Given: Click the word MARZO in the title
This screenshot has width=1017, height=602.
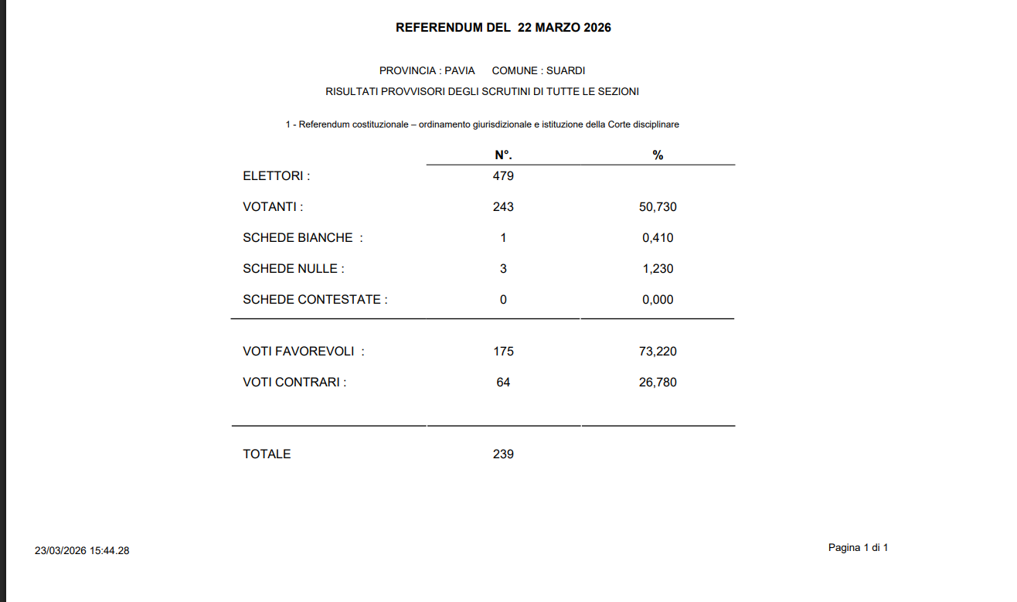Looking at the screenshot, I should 562,28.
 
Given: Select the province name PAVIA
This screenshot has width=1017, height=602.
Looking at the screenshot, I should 460,70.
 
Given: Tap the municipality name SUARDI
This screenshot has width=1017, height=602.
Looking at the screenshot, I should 566,70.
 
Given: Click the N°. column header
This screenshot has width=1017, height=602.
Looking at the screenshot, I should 503,155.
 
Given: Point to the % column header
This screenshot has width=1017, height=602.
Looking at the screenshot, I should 658,155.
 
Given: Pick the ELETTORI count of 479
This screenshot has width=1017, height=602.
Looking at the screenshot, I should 503,175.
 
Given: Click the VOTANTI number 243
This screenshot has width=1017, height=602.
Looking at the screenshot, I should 503,207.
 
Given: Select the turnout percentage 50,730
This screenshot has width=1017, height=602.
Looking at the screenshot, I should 658,207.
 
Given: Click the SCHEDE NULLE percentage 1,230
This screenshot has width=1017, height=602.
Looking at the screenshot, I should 658,269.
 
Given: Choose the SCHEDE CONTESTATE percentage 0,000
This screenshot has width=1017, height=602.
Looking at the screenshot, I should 658,300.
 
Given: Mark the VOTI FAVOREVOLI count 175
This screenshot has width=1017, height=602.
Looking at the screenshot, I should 503,352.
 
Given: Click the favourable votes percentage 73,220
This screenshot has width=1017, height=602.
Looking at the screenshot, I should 658,352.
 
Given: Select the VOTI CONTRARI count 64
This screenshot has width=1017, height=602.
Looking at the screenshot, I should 503,383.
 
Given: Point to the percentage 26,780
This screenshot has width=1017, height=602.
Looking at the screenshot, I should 658,383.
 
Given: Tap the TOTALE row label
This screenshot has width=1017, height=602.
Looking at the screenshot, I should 267,454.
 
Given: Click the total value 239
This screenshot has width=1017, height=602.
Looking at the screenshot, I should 503,454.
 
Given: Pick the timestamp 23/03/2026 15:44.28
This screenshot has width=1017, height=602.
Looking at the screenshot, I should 82,551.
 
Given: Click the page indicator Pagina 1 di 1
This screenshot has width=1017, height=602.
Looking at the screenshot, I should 858,548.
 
